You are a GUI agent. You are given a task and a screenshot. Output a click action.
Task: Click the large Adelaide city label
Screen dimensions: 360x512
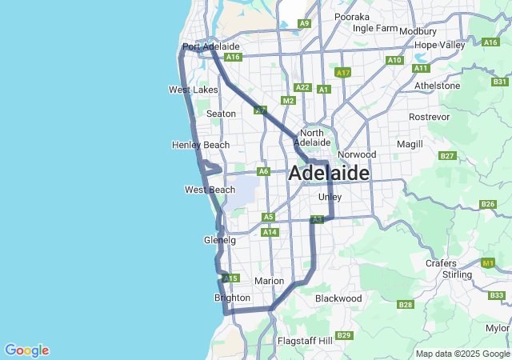(329, 173)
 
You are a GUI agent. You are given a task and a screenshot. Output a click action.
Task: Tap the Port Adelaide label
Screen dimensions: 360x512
(200, 47)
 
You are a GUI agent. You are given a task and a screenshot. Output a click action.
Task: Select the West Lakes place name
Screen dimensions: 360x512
(193, 90)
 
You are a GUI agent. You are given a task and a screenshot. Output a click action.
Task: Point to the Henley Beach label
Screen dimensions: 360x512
(200, 145)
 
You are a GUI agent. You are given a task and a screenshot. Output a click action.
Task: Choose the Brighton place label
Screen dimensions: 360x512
(233, 298)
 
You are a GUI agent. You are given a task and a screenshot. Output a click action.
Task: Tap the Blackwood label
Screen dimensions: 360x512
(338, 298)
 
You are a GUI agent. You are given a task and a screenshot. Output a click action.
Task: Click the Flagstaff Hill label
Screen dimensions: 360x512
(304, 341)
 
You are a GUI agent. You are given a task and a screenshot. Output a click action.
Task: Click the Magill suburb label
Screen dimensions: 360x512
(410, 144)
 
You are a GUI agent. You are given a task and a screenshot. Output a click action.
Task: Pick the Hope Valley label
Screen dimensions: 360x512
(440, 45)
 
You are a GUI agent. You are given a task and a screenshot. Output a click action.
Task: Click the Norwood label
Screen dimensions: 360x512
(357, 154)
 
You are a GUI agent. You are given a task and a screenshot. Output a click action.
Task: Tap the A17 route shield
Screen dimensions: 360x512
(343, 73)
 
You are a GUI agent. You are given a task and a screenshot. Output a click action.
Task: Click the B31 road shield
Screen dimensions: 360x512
(501, 82)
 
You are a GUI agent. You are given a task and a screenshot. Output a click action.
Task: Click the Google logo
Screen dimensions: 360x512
(26, 350)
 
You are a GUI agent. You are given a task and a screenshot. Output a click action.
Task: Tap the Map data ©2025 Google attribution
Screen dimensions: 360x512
(462, 354)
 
